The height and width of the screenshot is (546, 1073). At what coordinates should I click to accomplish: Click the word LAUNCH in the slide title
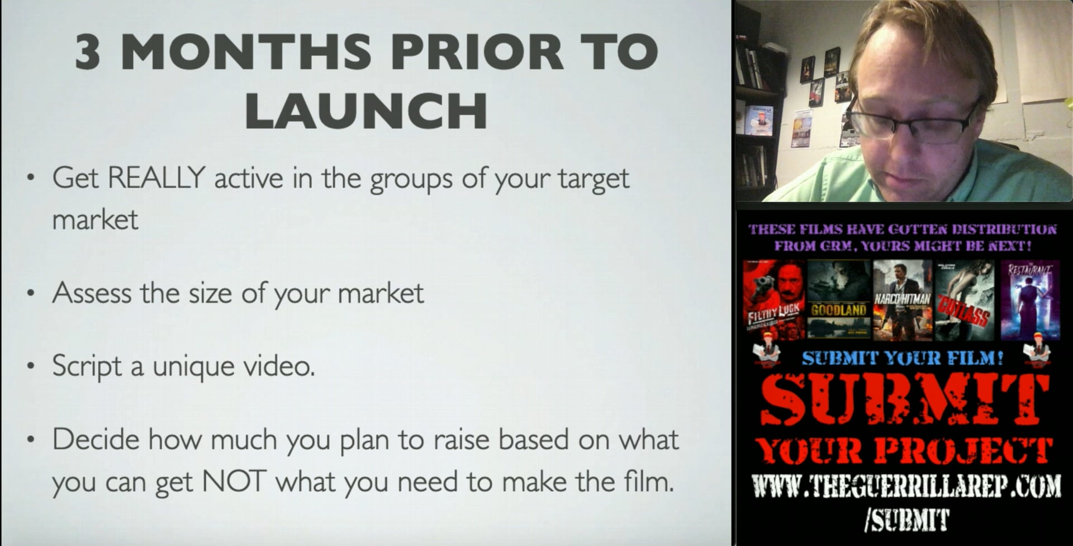tap(366, 110)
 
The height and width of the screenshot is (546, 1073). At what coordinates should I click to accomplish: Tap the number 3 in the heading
tap(88, 52)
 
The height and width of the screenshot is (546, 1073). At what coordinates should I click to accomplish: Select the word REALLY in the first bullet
tap(156, 178)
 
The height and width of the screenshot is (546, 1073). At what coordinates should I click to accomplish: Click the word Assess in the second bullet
tap(92, 293)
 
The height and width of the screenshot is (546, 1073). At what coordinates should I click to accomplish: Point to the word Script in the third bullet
tap(87, 366)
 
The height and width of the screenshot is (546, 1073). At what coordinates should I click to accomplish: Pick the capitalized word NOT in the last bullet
tap(234, 481)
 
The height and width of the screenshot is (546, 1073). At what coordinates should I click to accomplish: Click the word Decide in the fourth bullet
tap(96, 439)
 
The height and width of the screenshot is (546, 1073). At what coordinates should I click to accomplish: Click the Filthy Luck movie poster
tap(774, 300)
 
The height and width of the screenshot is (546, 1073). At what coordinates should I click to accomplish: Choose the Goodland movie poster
tap(839, 300)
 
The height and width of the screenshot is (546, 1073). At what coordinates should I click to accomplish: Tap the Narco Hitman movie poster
tap(903, 300)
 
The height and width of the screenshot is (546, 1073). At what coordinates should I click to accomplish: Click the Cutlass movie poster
tap(965, 300)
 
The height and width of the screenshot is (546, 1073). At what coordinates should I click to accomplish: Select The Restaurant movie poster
tap(1030, 300)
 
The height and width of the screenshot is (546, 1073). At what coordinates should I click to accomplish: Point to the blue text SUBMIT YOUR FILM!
tap(902, 358)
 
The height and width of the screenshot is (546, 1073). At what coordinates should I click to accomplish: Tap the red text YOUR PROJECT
tap(903, 451)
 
